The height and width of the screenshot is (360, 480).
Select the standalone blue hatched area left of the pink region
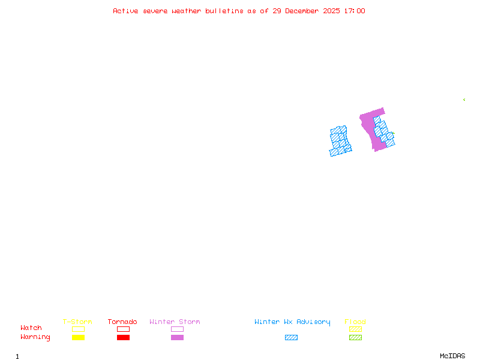pos(340,140)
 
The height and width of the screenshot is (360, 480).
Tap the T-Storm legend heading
pos(77,322)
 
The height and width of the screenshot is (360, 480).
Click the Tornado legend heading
pos(122,322)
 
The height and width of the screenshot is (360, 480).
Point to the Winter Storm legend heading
pos(175,322)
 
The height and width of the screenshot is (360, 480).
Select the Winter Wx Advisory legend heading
pos(292,322)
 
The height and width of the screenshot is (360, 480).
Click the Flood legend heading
pos(355,322)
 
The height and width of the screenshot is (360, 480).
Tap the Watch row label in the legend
pos(31,328)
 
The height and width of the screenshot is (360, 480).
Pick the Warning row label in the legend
pos(35,337)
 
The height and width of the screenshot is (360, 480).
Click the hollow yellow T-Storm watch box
pos(78,329)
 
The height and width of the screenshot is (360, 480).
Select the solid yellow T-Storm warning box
pos(78,337)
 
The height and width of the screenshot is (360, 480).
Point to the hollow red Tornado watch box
pos(123,329)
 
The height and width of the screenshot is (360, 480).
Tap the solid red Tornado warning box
pos(123,337)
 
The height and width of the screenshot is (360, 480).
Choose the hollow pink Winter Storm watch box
pos(177,329)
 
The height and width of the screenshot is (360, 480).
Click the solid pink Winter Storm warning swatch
pos(177,337)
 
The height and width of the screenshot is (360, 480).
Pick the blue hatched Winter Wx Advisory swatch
pos(291,337)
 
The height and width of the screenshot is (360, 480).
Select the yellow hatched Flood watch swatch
pos(355,329)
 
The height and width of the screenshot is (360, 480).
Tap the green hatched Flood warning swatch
pos(355,337)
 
